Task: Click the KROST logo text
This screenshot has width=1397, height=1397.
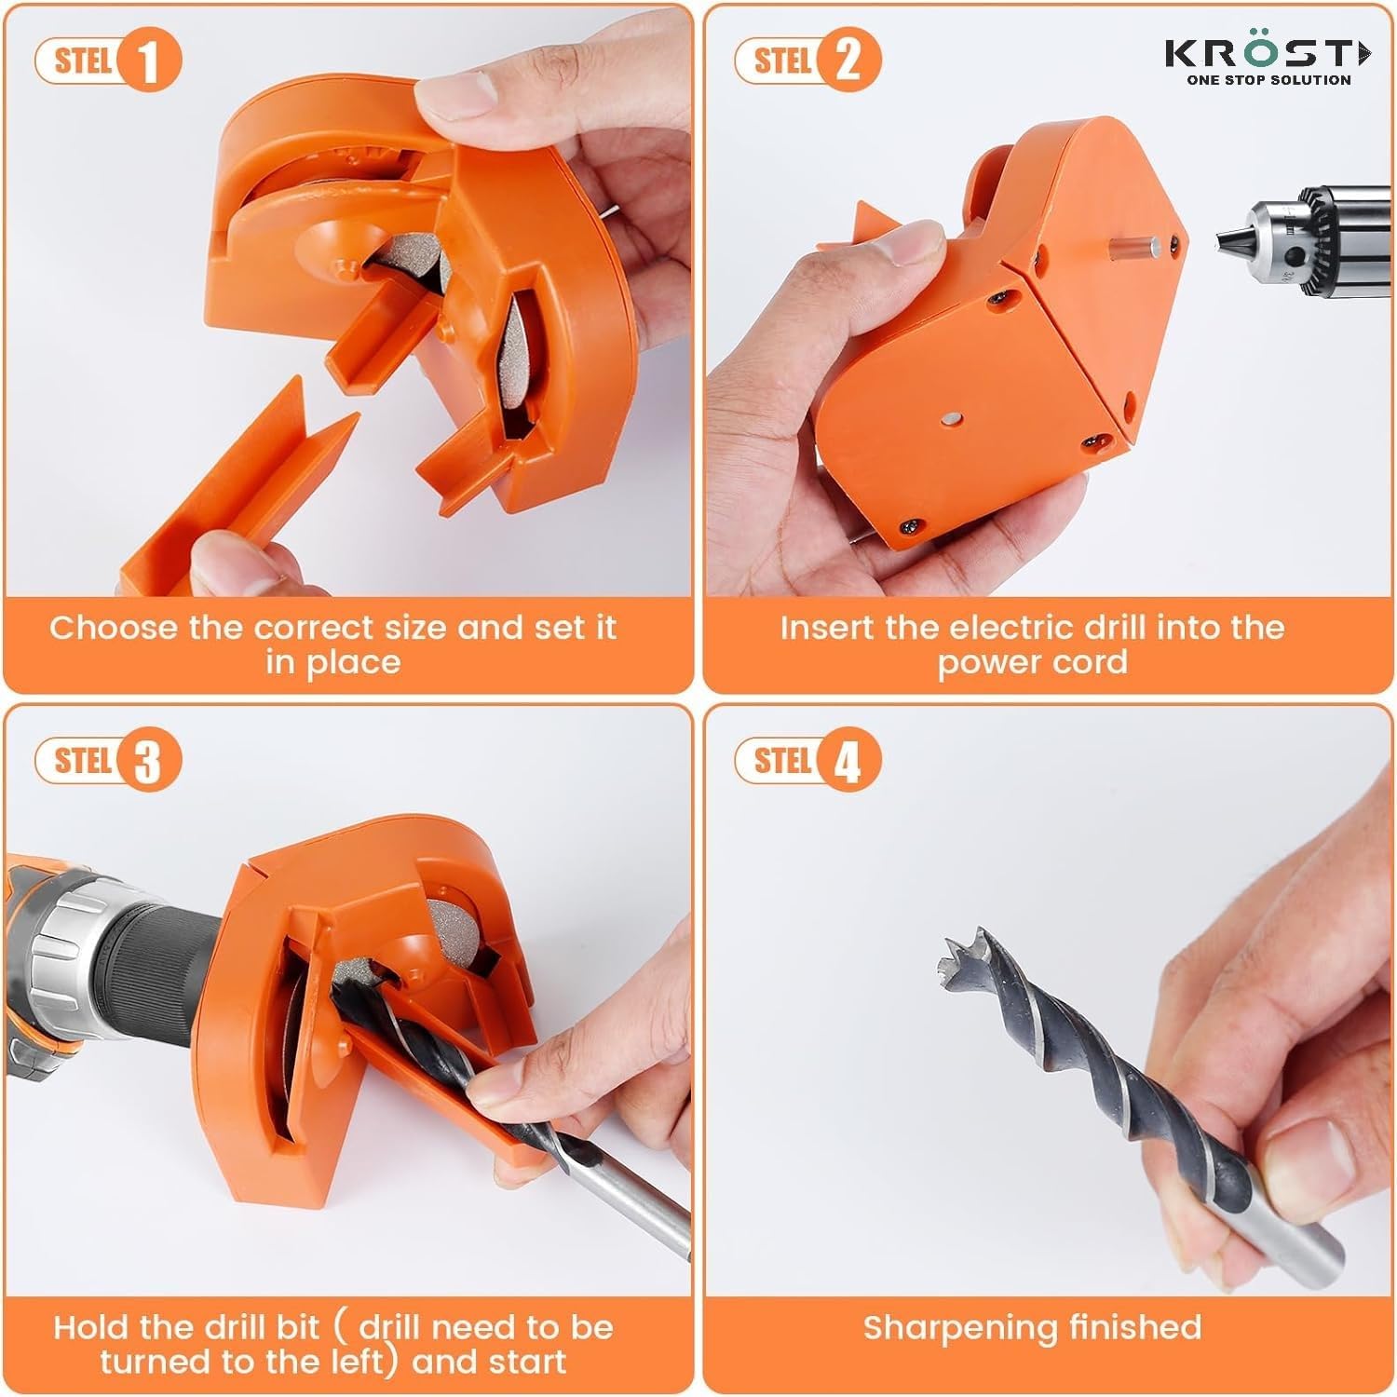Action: pyautogui.click(x=1267, y=54)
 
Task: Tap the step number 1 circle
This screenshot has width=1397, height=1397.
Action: pyautogui.click(x=147, y=61)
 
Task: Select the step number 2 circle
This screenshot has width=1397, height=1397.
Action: pyautogui.click(x=848, y=61)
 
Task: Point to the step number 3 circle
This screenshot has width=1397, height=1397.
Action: pyautogui.click(x=147, y=762)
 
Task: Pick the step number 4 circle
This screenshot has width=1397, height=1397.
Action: pyautogui.click(x=848, y=762)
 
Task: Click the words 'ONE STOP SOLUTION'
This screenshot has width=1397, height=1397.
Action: pyautogui.click(x=1268, y=80)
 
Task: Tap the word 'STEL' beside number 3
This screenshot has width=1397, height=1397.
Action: pyautogui.click(x=83, y=760)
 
